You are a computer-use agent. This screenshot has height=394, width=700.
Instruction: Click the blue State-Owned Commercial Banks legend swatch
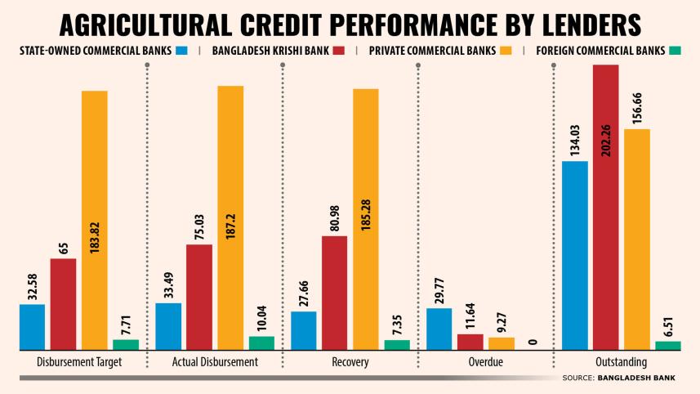[181, 51]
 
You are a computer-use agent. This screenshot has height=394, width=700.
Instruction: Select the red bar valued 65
[63, 303]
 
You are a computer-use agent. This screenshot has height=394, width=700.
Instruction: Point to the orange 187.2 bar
[230, 217]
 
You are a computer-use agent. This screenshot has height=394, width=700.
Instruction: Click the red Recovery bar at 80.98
[335, 292]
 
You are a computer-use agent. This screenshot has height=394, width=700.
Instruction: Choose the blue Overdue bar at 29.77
[439, 328]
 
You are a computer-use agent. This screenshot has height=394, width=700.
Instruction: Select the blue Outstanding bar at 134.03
[575, 254]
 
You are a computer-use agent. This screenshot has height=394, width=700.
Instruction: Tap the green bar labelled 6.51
[668, 345]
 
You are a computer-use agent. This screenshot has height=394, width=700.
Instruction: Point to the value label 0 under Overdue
[532, 342]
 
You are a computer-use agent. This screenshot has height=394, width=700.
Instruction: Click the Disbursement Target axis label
[80, 362]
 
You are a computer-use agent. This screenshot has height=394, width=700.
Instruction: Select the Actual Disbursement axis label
[215, 362]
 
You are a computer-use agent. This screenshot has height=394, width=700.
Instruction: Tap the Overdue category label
[486, 362]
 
